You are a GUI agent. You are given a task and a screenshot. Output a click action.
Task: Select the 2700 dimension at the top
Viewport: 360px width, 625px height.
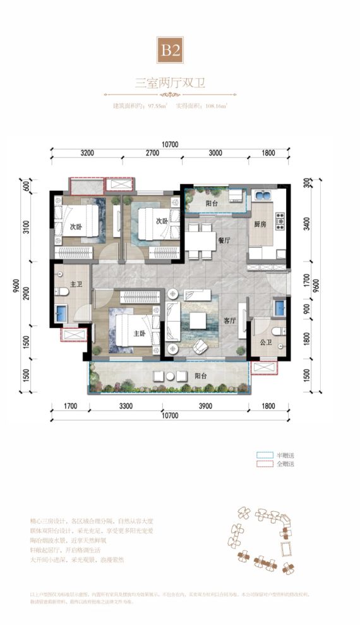coord(152,153)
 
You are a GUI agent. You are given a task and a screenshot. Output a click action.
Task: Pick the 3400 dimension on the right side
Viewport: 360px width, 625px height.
coord(306,223)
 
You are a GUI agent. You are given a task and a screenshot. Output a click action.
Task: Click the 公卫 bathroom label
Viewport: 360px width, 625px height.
coord(265,346)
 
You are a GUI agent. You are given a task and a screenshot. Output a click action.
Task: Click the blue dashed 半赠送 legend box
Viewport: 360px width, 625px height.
coord(263,454)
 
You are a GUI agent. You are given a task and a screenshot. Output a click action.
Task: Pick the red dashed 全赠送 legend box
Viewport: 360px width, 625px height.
coord(263,464)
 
